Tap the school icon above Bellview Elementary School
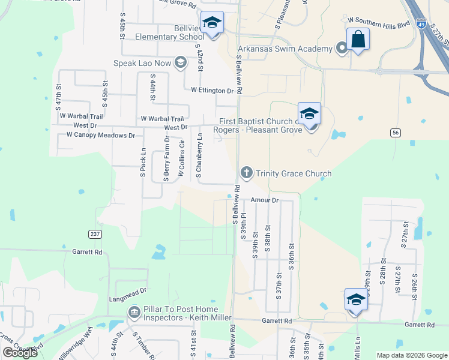click(211, 23)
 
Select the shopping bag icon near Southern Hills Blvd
click(358, 39)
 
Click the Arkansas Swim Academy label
click(285, 49)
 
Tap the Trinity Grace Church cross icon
click(246, 173)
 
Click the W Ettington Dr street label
click(212, 91)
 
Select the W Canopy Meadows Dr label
click(101, 136)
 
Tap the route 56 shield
click(394, 133)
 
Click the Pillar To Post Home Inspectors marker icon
click(134, 313)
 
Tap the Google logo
click(20, 353)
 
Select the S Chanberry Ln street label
click(199, 155)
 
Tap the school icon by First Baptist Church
click(309, 113)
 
